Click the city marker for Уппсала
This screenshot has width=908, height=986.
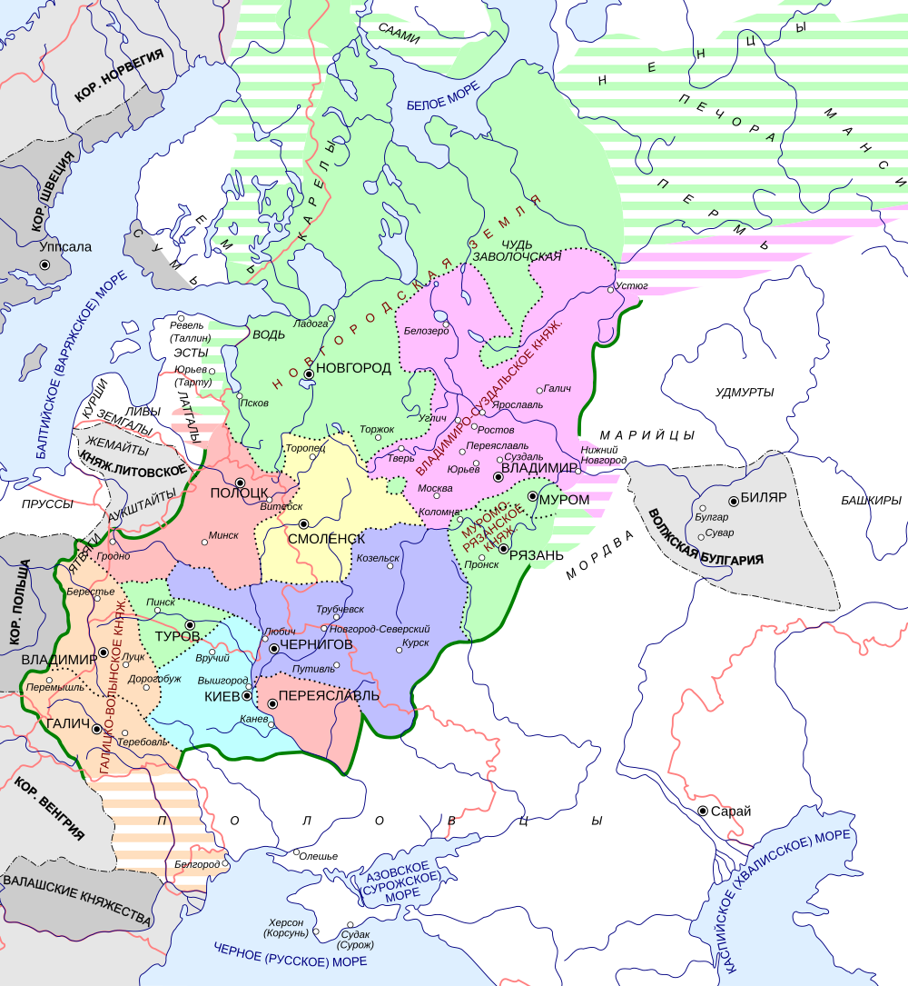click(43, 264)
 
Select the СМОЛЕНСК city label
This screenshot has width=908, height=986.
click(326, 538)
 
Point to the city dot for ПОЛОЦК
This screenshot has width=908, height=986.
click(240, 483)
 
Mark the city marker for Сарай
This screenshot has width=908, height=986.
click(703, 811)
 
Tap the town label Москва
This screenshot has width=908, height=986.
click(435, 488)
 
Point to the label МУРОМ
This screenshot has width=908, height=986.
click(564, 500)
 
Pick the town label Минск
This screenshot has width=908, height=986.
click(223, 535)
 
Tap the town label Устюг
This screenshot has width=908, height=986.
click(632, 285)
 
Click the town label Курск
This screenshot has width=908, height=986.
click(415, 641)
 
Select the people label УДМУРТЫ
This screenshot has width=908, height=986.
click(744, 392)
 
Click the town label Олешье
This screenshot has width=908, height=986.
click(319, 856)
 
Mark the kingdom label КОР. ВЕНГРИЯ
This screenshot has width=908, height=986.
click(50, 806)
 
